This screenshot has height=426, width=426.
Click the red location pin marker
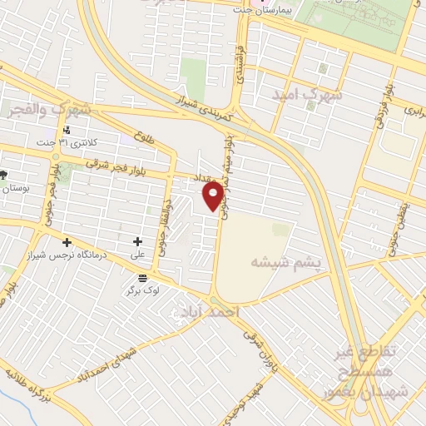pos(214,196)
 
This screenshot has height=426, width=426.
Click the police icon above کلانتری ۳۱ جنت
pos(67,130)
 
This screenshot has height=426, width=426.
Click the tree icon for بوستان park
pos(3,174)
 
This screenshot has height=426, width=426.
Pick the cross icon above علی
pos(137,241)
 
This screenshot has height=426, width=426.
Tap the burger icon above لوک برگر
pos(143,277)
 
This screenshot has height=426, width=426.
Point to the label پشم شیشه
pos(284,262)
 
